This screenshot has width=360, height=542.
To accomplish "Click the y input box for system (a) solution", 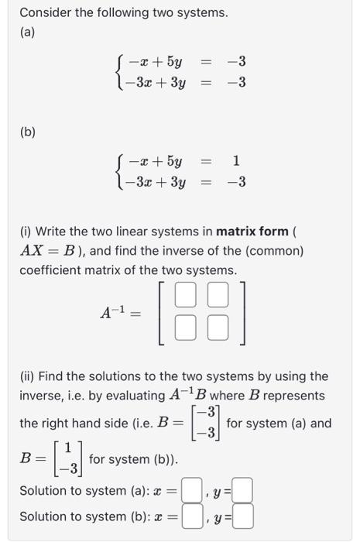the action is tap(242, 491).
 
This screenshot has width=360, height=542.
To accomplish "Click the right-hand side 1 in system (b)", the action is tap(236, 162).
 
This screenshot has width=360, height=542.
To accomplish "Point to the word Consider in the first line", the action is tap(45, 12).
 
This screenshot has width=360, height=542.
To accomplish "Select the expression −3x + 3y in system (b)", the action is tap(156, 182).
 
